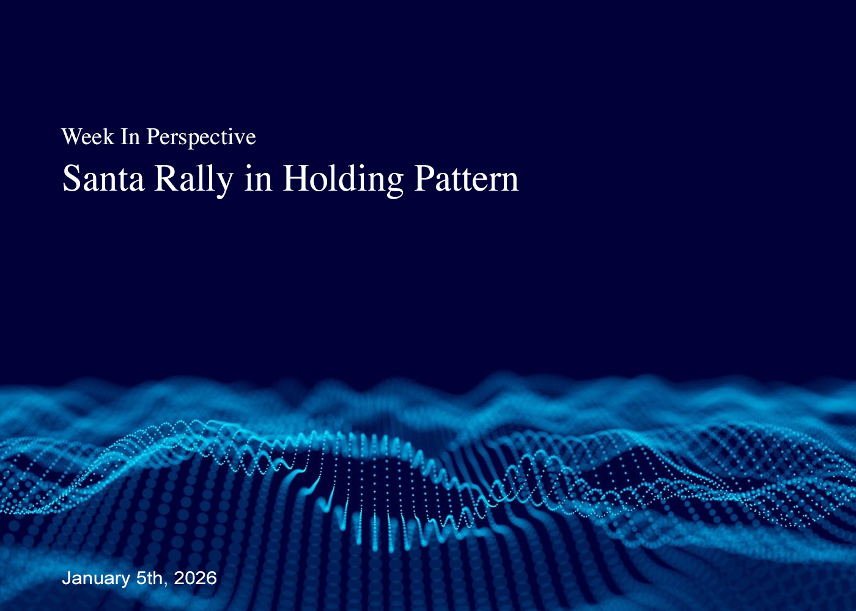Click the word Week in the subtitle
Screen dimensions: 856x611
point(87,136)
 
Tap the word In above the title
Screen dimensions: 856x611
point(130,136)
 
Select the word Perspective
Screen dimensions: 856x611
point(201,138)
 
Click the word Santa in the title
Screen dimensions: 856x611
point(103,178)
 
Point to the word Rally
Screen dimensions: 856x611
point(194,180)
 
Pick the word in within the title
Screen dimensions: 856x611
point(258,178)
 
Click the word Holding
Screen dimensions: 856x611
point(343,180)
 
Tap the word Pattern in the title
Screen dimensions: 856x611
point(467,178)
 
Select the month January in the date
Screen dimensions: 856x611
point(96,579)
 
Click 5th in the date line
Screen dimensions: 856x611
point(149,578)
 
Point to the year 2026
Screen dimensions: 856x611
point(195,578)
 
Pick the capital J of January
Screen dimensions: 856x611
point(67,579)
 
